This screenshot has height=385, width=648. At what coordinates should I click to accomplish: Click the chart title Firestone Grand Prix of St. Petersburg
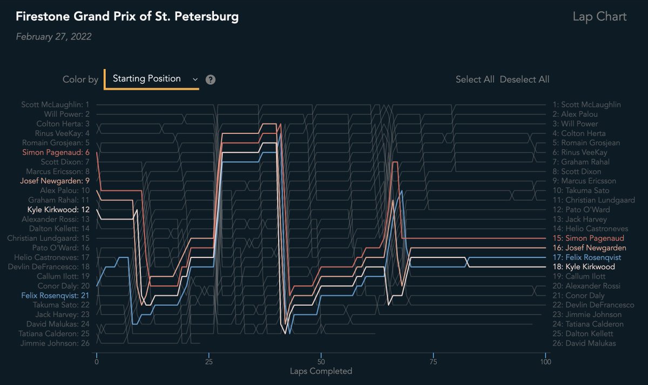tap(127, 17)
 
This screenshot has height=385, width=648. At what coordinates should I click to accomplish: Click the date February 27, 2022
tap(53, 37)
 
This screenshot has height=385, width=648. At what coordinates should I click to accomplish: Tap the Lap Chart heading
tap(599, 17)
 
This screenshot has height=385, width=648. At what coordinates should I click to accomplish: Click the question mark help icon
tap(211, 79)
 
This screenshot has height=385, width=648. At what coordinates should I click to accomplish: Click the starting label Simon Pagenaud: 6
tap(56, 152)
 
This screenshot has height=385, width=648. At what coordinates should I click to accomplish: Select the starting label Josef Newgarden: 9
tap(55, 181)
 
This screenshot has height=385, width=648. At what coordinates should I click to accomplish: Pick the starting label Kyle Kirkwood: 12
tap(58, 210)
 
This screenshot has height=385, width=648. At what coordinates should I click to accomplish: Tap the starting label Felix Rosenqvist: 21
tap(56, 295)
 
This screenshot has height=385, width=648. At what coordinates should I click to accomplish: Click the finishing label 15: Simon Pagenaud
tap(589, 238)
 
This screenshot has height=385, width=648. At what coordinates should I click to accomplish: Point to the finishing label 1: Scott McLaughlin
tap(587, 105)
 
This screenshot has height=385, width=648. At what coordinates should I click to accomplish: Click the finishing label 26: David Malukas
tap(585, 343)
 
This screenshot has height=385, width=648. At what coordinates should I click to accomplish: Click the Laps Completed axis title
tap(321, 371)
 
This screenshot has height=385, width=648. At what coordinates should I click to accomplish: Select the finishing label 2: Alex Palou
tap(579, 114)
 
